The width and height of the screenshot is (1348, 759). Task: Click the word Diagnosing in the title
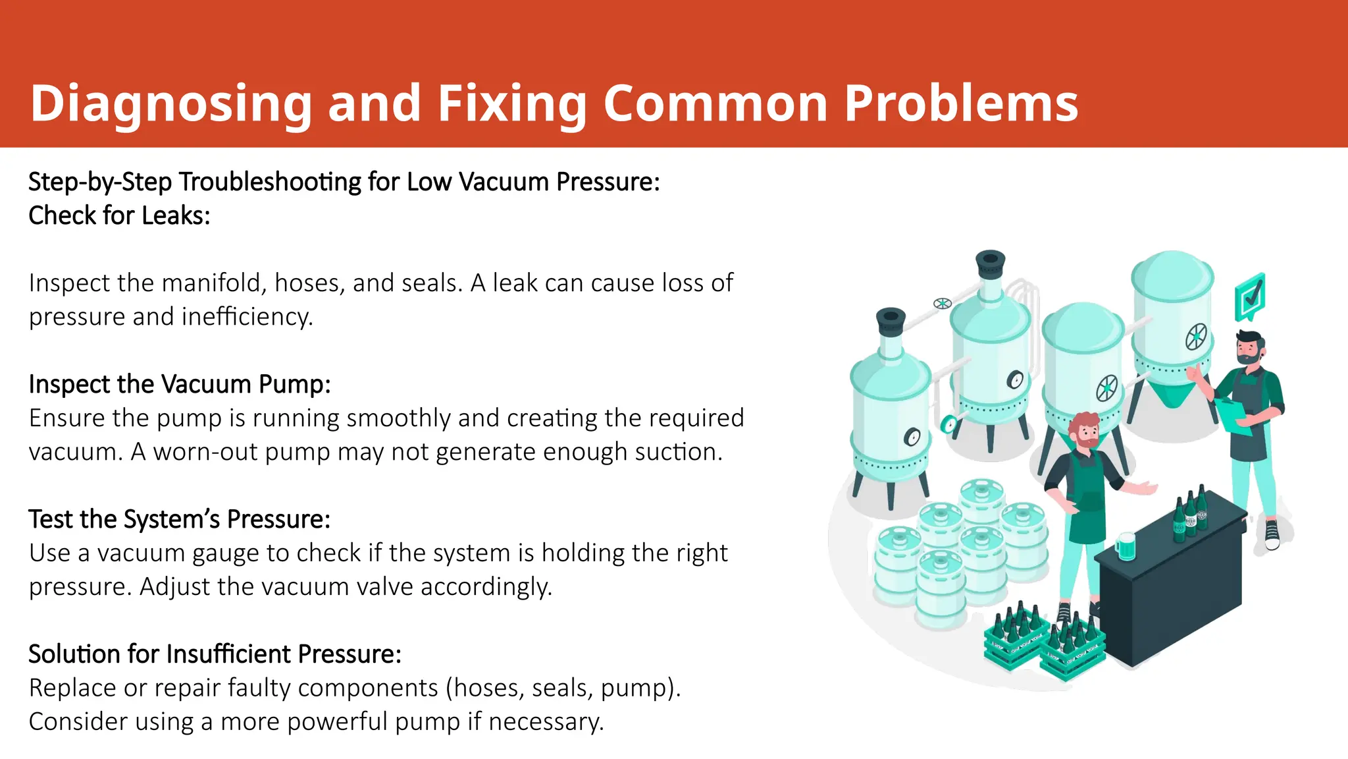click(x=170, y=104)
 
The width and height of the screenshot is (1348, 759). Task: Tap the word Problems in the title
click(x=961, y=104)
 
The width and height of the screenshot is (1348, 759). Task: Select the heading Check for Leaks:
click(x=119, y=215)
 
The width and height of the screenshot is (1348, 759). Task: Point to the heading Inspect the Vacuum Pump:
click(x=179, y=384)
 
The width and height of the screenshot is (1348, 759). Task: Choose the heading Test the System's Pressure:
click(x=179, y=519)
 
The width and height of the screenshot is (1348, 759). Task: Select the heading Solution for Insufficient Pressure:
click(x=215, y=654)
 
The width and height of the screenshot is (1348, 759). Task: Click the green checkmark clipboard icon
click(x=1250, y=298)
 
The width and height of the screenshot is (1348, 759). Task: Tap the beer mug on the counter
click(x=1125, y=546)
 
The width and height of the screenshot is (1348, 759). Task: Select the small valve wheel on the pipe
click(x=943, y=303)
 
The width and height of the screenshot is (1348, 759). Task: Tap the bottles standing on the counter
click(x=1191, y=515)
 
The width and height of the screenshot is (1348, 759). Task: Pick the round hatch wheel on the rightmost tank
click(x=1197, y=337)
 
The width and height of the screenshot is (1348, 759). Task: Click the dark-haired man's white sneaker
click(x=1272, y=534)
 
